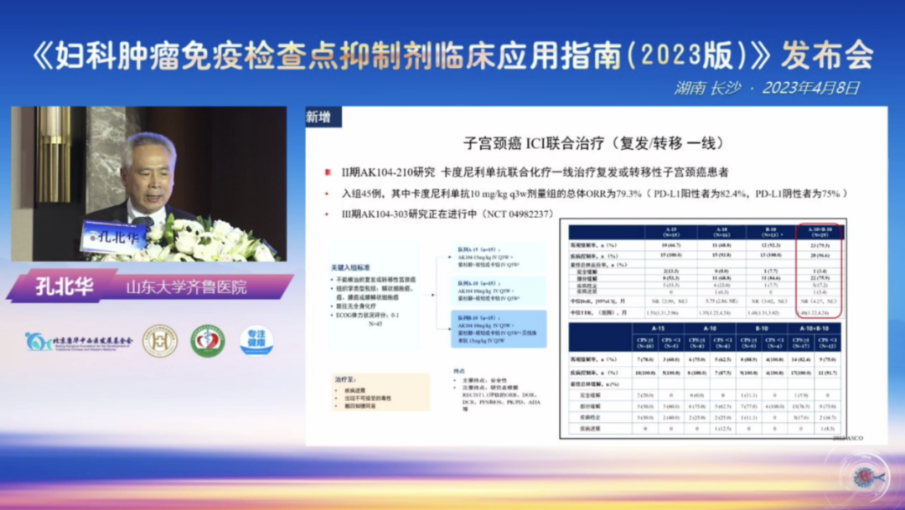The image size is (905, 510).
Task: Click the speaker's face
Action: pos(150,172)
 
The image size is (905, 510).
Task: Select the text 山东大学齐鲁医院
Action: pos(186,287)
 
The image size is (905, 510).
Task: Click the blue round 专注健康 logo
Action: pos(256,341)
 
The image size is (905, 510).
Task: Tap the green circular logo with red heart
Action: pos(207,341)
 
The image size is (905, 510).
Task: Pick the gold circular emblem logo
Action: pos(159,341)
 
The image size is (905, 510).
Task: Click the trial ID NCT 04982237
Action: pos(509,214)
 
